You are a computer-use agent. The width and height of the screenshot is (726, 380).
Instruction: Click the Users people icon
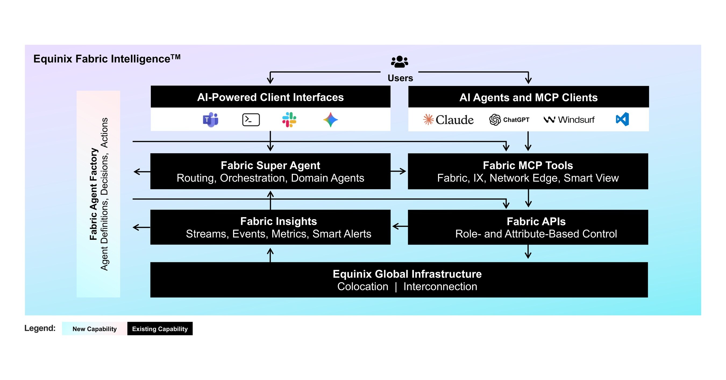click(x=399, y=62)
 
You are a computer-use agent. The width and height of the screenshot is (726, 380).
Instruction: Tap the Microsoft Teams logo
click(x=211, y=120)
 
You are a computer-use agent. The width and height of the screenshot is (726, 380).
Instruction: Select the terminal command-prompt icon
click(x=251, y=120)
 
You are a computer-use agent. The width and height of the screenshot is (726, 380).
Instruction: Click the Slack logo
click(x=289, y=120)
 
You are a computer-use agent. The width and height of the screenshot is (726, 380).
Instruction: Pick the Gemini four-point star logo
click(x=330, y=120)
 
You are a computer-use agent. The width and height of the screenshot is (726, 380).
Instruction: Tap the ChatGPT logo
click(x=509, y=120)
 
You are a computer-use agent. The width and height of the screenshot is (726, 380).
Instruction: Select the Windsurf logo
click(x=569, y=120)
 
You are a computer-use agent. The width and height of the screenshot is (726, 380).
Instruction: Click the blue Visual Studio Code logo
click(x=622, y=119)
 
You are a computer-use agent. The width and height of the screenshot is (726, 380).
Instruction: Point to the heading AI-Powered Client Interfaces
click(x=270, y=97)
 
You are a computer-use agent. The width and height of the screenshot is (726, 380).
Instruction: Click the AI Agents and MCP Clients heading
click(x=528, y=98)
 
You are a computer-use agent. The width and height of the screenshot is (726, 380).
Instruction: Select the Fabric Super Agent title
click(x=270, y=165)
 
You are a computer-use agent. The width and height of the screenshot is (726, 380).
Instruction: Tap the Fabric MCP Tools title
click(x=528, y=165)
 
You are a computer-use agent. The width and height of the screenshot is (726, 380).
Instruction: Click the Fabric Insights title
click(x=279, y=221)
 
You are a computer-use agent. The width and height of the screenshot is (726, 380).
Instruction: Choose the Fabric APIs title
click(x=536, y=221)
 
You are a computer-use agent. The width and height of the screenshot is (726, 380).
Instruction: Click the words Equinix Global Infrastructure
click(x=407, y=274)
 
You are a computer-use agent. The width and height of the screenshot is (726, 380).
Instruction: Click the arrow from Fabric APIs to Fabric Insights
click(x=400, y=226)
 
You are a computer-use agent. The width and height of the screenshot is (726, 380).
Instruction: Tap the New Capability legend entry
click(x=94, y=329)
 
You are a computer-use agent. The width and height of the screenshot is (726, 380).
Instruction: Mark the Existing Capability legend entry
click(x=160, y=329)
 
